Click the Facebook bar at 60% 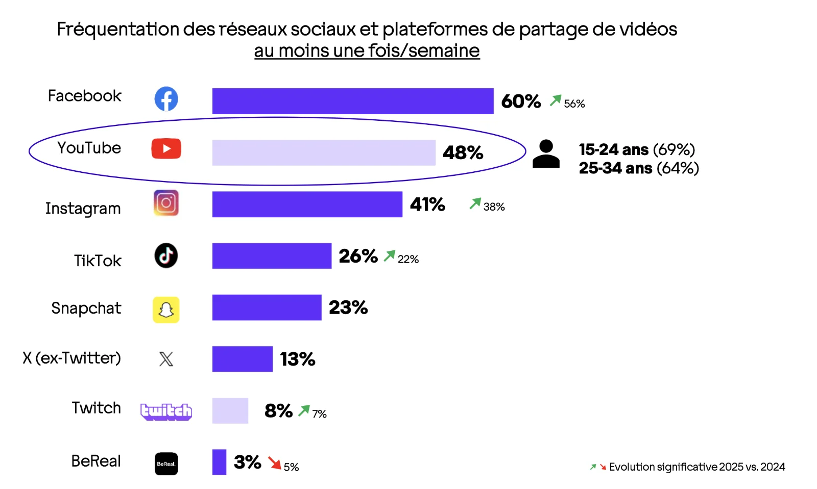(352, 101)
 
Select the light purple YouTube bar (324, 152)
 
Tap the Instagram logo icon (166, 203)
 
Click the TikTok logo (166, 255)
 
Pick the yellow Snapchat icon (166, 310)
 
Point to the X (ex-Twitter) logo (166, 359)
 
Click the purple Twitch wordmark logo (166, 411)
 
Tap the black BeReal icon (166, 464)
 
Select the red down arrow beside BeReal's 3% (275, 463)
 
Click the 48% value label (463, 152)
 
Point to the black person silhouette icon (546, 154)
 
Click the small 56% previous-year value (574, 104)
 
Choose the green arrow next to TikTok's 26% (390, 255)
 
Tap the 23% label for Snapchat (348, 307)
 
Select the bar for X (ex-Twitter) (242, 359)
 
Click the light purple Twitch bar (230, 410)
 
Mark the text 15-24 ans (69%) (637, 149)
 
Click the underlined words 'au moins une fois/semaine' (367, 51)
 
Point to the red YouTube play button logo (166, 148)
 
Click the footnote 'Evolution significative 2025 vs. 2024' (696, 467)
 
